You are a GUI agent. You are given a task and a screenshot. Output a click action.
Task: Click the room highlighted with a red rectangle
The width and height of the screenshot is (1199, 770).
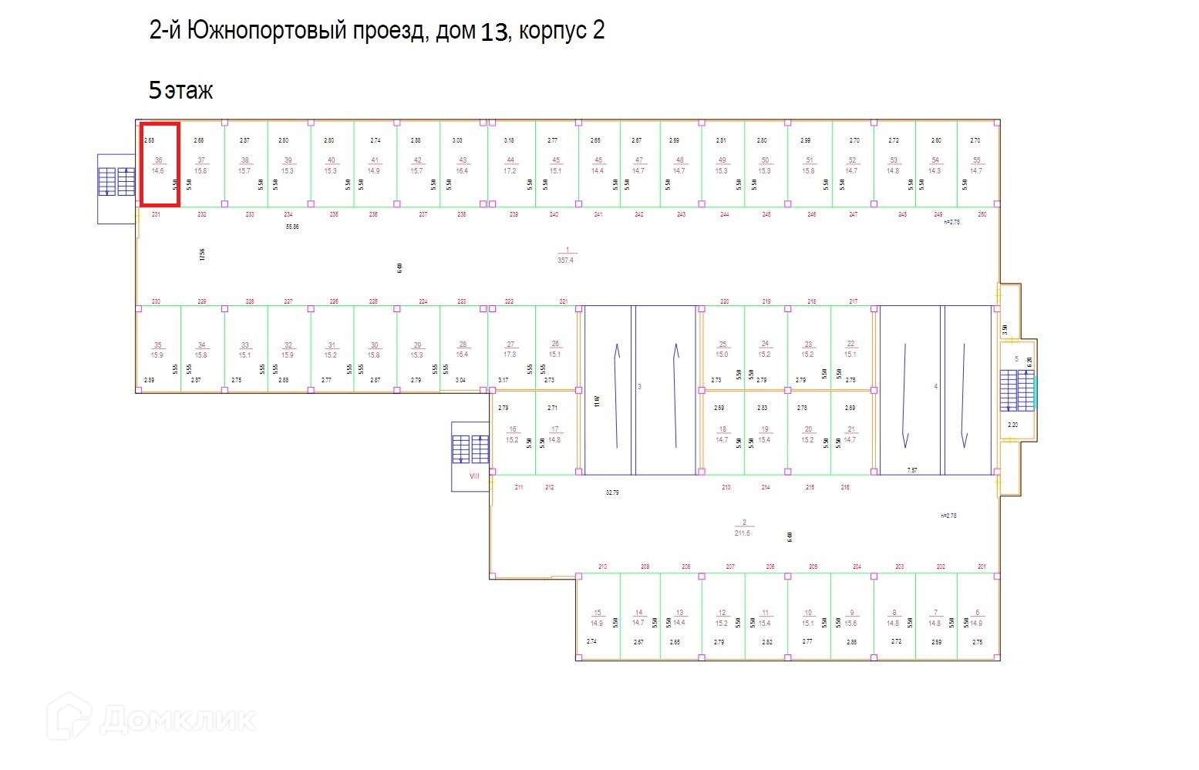pos(160,164)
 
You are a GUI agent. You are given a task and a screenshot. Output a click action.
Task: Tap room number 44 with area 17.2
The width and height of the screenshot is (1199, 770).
pos(510,165)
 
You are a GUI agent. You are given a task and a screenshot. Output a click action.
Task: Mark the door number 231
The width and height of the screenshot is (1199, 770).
pos(156,214)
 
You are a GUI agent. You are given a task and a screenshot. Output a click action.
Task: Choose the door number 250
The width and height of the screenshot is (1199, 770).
pos(982,214)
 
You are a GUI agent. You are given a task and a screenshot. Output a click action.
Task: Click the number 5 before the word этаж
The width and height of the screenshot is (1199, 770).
pos(155,90)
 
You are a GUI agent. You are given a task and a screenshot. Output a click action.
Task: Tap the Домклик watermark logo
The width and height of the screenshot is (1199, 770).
pos(151,718)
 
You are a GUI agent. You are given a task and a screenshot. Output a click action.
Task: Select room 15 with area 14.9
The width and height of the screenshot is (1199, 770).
pos(597,618)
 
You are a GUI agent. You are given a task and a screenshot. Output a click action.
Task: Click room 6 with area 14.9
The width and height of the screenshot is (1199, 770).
pos(976,618)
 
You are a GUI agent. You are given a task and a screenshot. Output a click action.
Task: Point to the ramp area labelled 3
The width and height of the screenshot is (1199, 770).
pos(640,387)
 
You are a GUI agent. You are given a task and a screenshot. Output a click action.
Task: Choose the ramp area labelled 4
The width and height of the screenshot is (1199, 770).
pos(936,387)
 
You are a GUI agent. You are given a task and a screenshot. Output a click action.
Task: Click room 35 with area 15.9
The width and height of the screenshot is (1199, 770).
pos(157,350)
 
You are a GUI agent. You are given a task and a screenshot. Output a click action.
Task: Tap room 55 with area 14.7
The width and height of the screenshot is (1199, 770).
pos(976,165)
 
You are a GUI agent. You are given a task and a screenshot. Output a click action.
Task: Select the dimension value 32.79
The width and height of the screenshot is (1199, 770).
pos(612,492)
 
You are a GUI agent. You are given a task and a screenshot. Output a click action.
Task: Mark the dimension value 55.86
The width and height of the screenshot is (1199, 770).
pos(292,227)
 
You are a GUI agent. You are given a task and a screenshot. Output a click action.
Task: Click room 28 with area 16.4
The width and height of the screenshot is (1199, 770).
pos(462,350)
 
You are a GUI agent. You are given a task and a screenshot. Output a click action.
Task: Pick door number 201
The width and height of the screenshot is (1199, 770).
pos(982,567)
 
